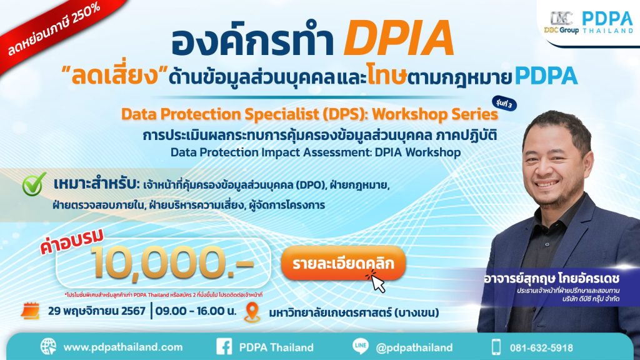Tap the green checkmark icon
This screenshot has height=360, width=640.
(32, 186)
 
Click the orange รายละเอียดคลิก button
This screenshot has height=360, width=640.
(343, 264)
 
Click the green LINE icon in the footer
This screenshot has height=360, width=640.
(359, 347)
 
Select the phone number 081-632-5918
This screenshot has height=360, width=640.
(541, 347)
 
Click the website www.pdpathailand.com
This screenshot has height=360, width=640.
(123, 347)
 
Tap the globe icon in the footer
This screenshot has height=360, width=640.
(48, 347)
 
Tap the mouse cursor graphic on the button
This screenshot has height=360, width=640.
(379, 282)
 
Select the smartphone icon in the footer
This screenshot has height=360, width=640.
(496, 347)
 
